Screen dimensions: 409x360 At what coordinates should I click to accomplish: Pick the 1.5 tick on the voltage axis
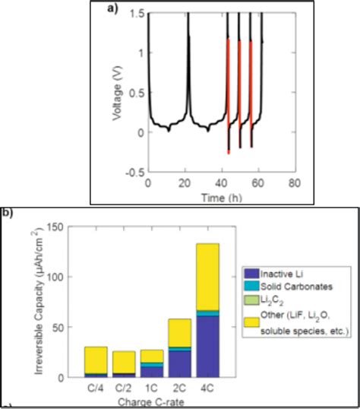coord(133,13)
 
